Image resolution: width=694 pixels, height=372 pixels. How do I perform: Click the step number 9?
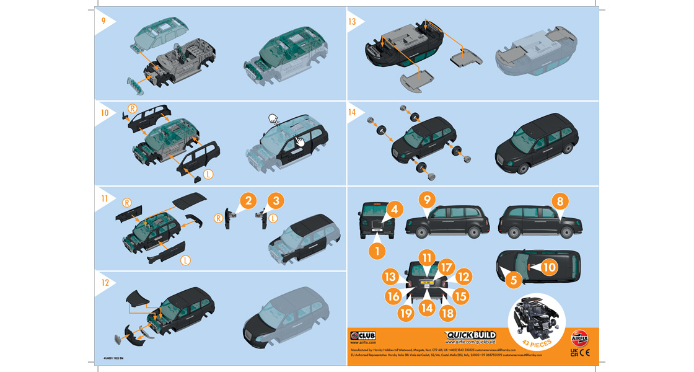pyautogui.click(x=103, y=20)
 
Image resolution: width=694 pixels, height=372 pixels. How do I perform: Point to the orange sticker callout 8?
pyautogui.click(x=560, y=201)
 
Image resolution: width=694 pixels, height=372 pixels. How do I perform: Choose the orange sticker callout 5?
pyautogui.click(x=512, y=280)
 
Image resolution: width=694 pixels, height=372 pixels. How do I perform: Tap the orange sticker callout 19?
pyautogui.click(x=406, y=313)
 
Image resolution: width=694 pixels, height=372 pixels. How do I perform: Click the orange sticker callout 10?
pyautogui.click(x=550, y=267)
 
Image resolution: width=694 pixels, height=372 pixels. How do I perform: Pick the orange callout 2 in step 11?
pyautogui.click(x=248, y=200)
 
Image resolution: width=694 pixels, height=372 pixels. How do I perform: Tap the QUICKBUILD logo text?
pyautogui.click(x=470, y=335)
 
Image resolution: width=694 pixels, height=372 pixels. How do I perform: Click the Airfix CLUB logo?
pyautogui.click(x=363, y=335)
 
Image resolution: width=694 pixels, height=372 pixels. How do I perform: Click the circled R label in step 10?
pyautogui.click(x=132, y=108)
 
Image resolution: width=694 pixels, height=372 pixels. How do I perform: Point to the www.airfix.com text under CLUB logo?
pyautogui.click(x=363, y=342)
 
